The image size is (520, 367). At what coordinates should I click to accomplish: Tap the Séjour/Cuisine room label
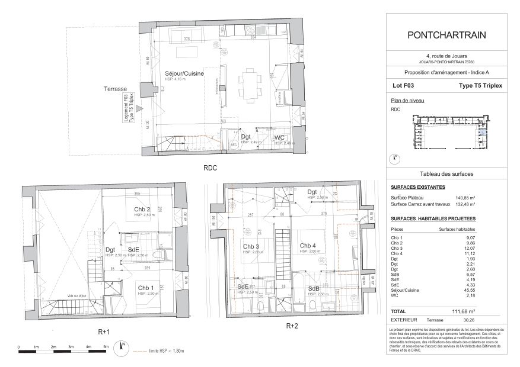[184, 73]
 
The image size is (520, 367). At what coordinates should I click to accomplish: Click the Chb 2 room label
[142, 210]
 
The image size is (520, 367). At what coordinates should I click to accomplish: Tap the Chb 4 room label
[308, 246]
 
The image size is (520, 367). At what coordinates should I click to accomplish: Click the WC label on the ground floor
[280, 137]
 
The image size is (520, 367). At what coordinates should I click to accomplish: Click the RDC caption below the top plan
[210, 168]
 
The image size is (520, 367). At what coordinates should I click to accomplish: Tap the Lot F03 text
[403, 86]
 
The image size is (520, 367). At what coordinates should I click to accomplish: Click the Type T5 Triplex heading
[472, 86]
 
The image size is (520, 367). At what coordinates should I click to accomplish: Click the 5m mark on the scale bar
[106, 347]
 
